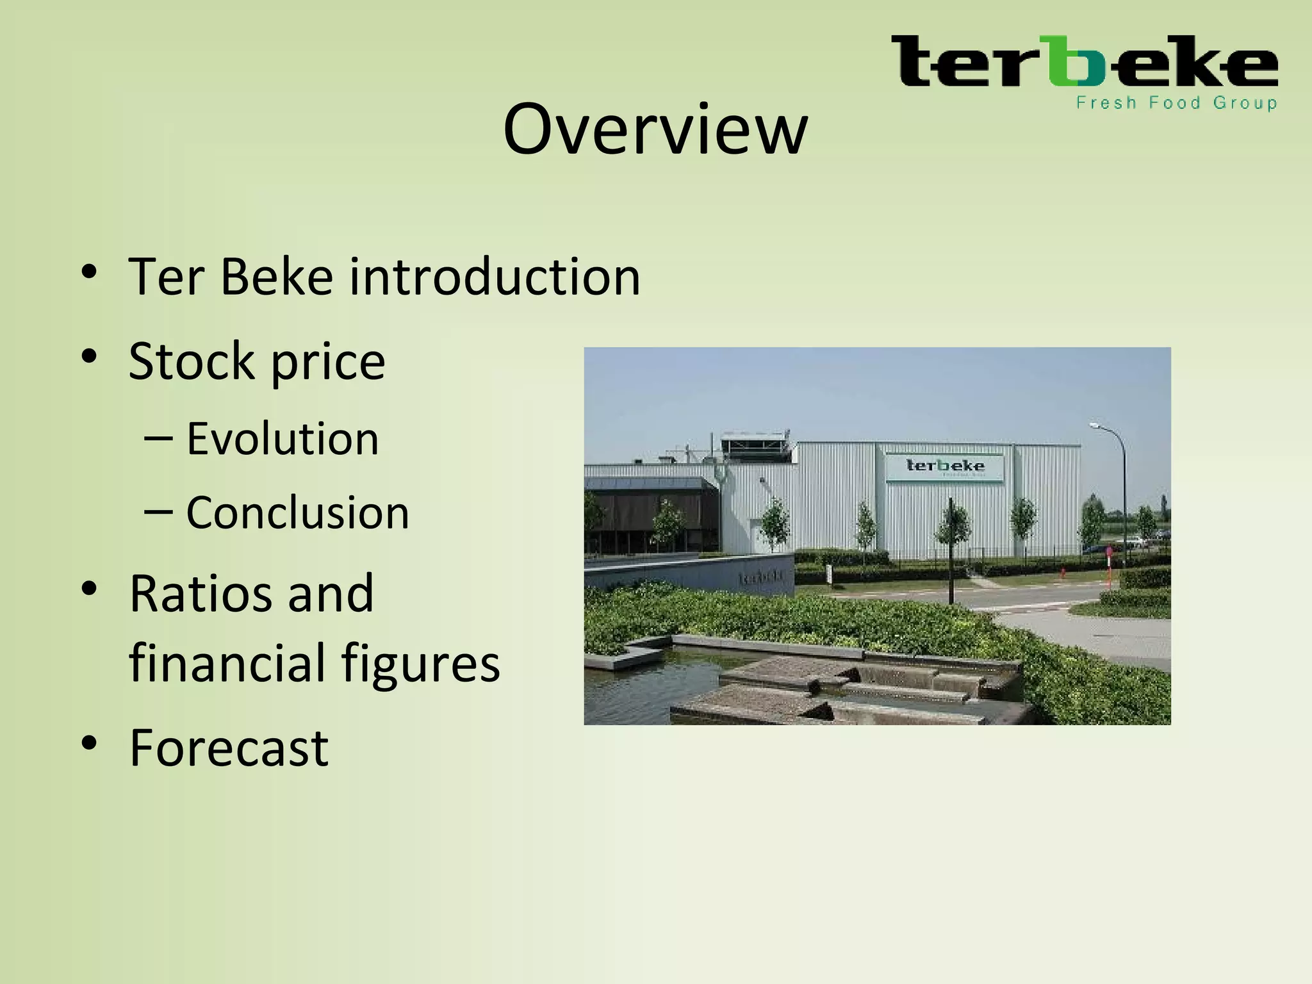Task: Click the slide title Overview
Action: [655, 130]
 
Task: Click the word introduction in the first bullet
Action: [494, 277]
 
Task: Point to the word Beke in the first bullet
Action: [276, 277]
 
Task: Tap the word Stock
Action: [192, 361]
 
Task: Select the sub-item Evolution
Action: [283, 439]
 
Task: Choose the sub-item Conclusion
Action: [297, 513]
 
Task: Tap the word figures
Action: [420, 664]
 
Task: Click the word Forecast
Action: [229, 748]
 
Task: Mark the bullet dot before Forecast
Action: [89, 743]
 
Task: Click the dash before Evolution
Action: [158, 439]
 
